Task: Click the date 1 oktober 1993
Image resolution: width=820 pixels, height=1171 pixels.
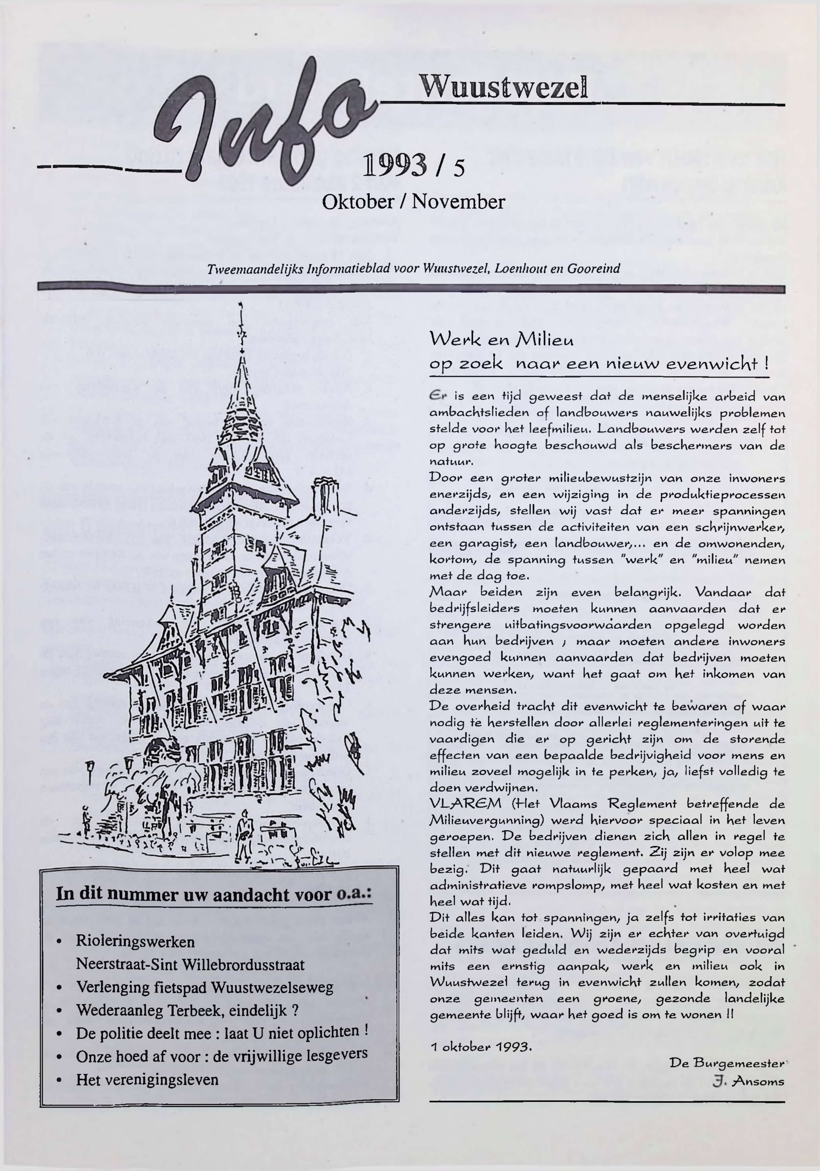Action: pyautogui.click(x=481, y=1047)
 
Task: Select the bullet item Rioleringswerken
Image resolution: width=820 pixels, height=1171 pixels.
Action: pyautogui.click(x=135, y=941)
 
